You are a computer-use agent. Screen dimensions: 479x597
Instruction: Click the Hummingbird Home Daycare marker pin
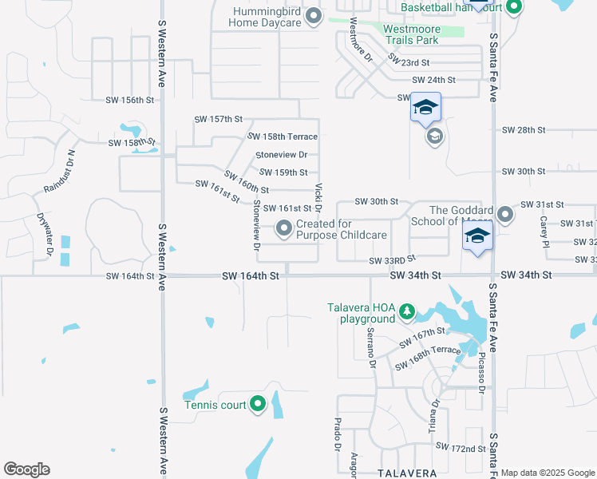314,16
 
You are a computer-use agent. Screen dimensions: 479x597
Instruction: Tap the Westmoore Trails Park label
410,34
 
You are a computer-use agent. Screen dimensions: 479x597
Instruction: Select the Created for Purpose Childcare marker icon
284,229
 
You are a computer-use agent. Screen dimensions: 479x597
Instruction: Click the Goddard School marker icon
504,215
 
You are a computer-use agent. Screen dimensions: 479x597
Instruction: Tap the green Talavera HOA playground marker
407,310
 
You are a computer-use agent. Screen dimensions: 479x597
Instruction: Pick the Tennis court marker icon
258,405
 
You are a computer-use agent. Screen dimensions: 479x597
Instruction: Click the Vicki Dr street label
318,198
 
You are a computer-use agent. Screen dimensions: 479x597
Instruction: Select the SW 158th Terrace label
286,137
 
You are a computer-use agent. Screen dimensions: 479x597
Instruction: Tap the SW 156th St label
129,100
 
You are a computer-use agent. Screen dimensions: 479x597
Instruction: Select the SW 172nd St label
461,449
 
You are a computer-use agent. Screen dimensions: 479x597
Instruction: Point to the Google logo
26,469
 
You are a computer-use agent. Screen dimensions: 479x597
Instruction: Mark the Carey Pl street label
544,231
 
